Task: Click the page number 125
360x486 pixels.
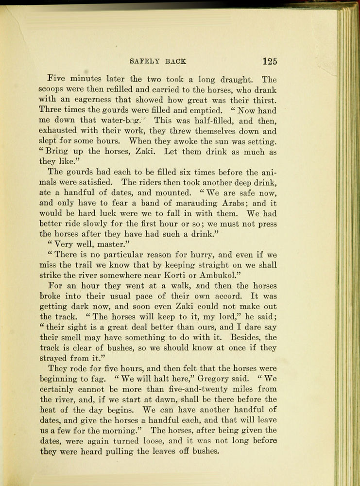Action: [x=269, y=61]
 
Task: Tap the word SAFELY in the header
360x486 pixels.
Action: [x=146, y=62]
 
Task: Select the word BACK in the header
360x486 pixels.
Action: [x=176, y=62]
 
